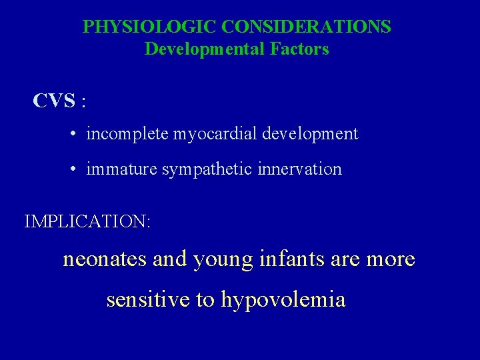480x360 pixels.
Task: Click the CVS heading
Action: click(54, 101)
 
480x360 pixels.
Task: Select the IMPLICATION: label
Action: click(87, 221)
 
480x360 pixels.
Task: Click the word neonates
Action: click(105, 259)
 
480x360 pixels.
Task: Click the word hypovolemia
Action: click(283, 300)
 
